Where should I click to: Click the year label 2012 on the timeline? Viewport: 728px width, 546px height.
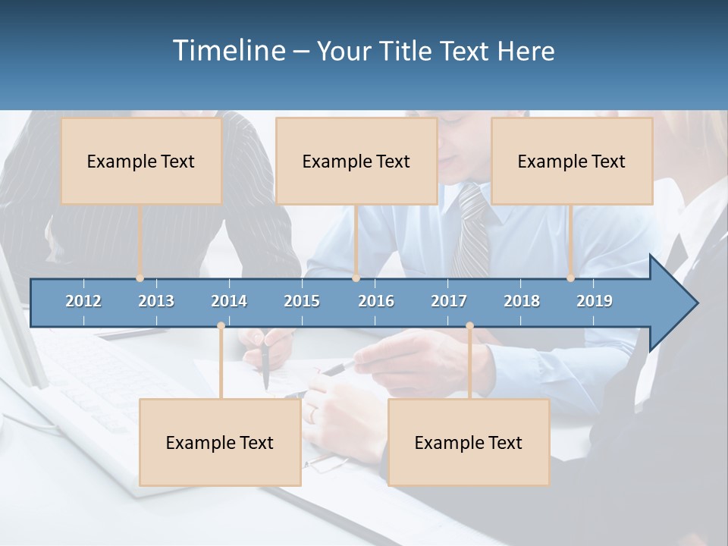point(83,301)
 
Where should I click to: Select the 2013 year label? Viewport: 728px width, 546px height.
point(156,301)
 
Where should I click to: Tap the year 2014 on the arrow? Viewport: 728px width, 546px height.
point(229,301)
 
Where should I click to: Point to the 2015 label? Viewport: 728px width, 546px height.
point(302,301)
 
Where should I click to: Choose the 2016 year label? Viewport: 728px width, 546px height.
point(376,301)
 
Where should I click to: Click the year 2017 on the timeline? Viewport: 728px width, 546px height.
point(449,301)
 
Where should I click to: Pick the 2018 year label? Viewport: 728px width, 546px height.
point(522,301)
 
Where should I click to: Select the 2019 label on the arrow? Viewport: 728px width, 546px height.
point(595,301)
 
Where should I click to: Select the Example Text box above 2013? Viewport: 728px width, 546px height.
point(141,161)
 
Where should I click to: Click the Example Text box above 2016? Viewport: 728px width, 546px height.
point(356,161)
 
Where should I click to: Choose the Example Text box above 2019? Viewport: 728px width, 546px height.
point(572,161)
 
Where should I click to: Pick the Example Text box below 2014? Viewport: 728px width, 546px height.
point(220,442)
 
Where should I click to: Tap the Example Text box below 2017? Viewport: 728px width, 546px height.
point(469,442)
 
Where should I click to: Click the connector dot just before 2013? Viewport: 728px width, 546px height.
point(140,278)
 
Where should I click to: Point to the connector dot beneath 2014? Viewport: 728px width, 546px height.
point(221,326)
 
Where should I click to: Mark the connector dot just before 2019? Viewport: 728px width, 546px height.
point(571,278)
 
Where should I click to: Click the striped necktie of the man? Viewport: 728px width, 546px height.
point(472,231)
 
